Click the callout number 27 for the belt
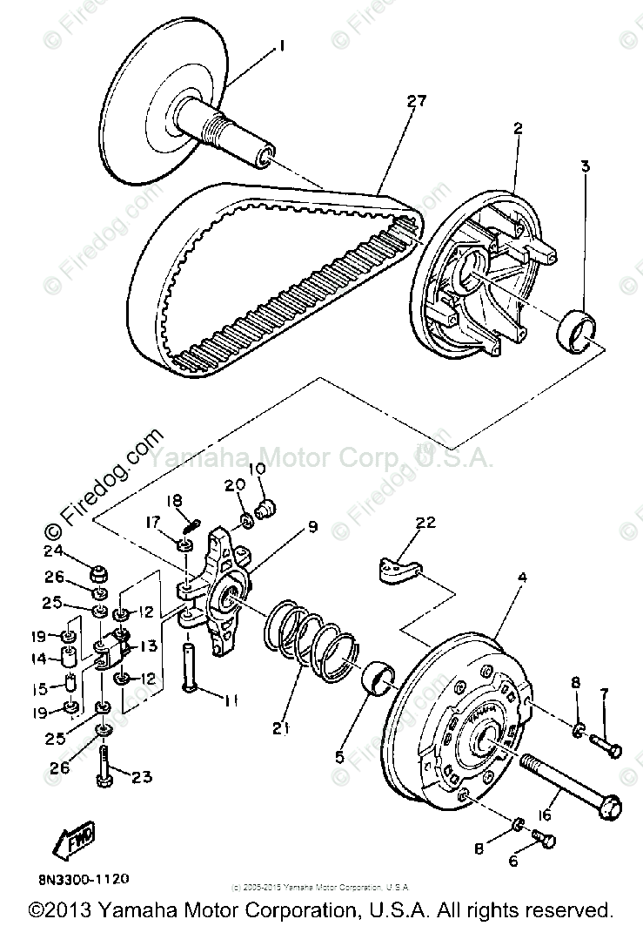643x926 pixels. coord(416,102)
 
